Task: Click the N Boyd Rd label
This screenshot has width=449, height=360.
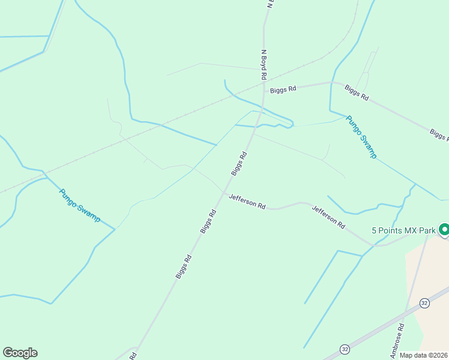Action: (264, 64)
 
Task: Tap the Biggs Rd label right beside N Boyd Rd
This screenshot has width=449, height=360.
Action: (283, 89)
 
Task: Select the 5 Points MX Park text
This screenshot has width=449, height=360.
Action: (403, 230)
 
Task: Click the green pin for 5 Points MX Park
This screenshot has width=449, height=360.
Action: (444, 229)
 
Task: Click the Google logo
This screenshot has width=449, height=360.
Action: (20, 353)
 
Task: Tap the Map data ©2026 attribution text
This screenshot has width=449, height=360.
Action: (424, 355)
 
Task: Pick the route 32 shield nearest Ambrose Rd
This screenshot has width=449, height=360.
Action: (424, 303)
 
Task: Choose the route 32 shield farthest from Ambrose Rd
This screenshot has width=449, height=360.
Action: (345, 349)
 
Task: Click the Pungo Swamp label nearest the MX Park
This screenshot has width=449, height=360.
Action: (362, 137)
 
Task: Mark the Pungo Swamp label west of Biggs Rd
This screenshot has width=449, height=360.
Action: (80, 205)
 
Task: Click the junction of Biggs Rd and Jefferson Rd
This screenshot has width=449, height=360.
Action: (223, 192)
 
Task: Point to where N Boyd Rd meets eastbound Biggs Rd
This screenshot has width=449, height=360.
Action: (264, 91)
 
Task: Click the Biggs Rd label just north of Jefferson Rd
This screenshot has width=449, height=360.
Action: (239, 163)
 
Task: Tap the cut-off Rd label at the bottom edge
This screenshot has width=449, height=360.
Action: (133, 356)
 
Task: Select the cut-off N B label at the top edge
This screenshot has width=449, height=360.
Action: (270, 4)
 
